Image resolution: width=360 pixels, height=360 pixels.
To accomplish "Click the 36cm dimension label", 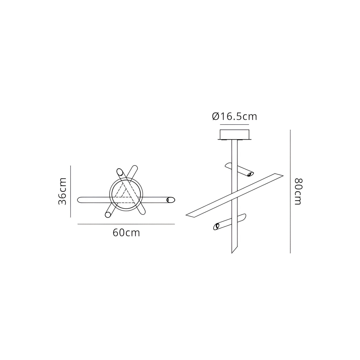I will (63, 192).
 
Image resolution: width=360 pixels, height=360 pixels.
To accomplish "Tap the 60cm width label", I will (126, 233).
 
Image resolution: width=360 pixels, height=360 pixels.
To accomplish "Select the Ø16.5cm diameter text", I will (235, 117).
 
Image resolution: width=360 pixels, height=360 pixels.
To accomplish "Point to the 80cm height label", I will (297, 192).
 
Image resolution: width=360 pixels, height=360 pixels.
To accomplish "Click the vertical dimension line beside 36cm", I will (71, 192).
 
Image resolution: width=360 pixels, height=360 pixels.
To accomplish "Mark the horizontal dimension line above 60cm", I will (126, 224).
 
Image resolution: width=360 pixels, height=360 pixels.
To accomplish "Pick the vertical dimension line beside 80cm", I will (290, 192).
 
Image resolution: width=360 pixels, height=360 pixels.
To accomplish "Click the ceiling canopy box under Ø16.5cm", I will (235, 135).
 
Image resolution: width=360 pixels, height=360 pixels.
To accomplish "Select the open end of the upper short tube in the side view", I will (251, 174).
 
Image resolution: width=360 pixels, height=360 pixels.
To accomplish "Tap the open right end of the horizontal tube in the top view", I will (171, 200).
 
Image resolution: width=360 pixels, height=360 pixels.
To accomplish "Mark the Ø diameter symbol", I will (216, 117).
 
